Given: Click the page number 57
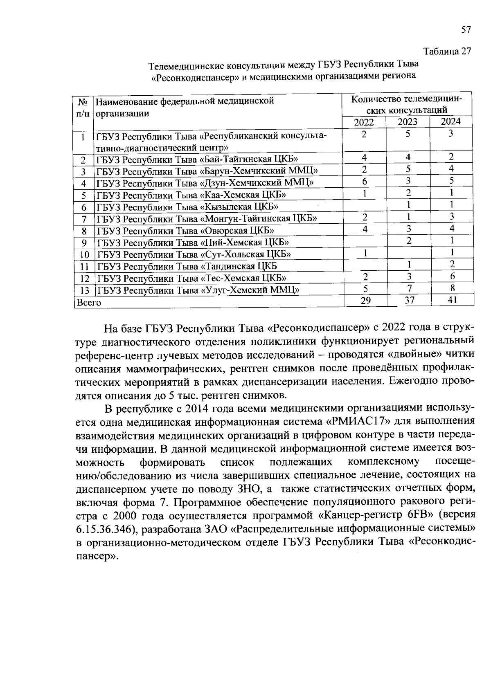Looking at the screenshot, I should click(466, 30).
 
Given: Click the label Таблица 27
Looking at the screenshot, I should click(447, 52).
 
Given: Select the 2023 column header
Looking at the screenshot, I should click(408, 122).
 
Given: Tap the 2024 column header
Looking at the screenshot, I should click(451, 121).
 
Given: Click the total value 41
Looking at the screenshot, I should click(452, 300).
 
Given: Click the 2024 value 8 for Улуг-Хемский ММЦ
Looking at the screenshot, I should click(452, 288).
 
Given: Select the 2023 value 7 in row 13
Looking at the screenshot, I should click(408, 288).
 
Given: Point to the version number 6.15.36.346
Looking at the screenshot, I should click(104, 529).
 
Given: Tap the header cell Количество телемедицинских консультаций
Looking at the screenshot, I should click(406, 105).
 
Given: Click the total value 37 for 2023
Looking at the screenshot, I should click(409, 301).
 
